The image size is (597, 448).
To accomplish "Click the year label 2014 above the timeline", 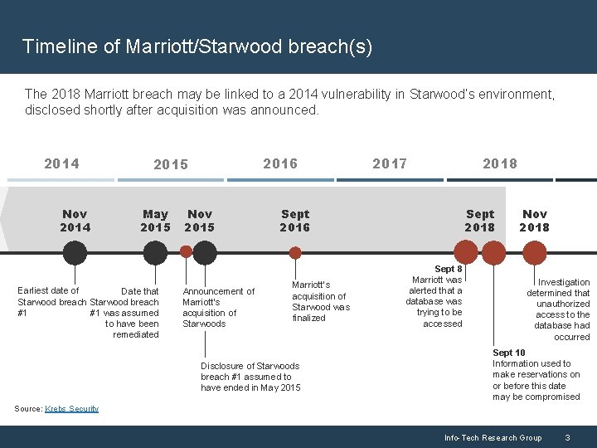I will pos(61,163).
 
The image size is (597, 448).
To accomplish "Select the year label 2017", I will pos(390,163).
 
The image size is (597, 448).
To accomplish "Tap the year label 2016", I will pos(280,163).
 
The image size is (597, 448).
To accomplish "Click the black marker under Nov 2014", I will pos(75,252).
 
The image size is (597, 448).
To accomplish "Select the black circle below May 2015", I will pos(155,252).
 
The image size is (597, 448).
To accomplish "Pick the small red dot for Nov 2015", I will pos(187,251).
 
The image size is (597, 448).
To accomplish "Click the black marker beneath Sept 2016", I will pos(294,252).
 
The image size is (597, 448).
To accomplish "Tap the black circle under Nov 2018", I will pos(534,252).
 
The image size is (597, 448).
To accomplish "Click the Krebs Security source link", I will pos(71,408).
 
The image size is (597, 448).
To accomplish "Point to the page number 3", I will pos(566,437).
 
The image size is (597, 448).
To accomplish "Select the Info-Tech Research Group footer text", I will pos(493,437).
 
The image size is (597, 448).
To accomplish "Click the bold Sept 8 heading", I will pos(449,269).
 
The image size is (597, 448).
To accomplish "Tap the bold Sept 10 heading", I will pos(508,353).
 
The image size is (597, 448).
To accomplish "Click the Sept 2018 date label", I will pos(479,221).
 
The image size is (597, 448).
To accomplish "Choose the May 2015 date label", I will pos(155,221).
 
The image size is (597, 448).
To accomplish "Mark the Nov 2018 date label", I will pos(534,221).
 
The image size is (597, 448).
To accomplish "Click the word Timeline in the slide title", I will pos(53,46).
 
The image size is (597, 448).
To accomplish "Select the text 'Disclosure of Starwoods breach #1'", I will pos(250,366).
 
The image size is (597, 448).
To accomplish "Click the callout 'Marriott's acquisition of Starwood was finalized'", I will pos(320,301).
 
